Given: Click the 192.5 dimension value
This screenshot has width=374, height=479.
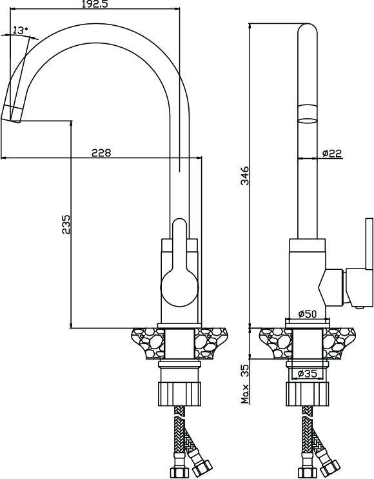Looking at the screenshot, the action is coord(95,4).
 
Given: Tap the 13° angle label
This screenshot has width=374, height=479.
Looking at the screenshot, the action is coord(21,30).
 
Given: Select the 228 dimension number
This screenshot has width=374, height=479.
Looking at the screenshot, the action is coord(101,152).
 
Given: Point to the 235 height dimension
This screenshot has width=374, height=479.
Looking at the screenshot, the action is coord(66,224).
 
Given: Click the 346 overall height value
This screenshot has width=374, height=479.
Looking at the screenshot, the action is coord(245,176).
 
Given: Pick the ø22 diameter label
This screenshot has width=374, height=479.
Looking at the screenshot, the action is coord(332,153).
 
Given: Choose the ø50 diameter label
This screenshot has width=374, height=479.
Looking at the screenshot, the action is coord(308,314).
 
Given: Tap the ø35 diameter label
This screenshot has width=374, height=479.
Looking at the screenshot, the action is coord(307,373).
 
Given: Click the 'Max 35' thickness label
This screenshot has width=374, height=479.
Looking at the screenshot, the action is coord(245,384).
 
